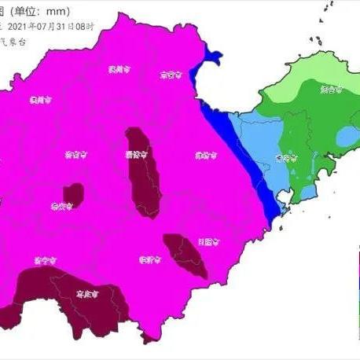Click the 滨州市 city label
click(119, 70)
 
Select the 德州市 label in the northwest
click(39, 100)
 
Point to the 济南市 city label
click(76, 155)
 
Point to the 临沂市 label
click(149, 259)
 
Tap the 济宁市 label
click(43, 259)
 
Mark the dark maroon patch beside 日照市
click(186, 253)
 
